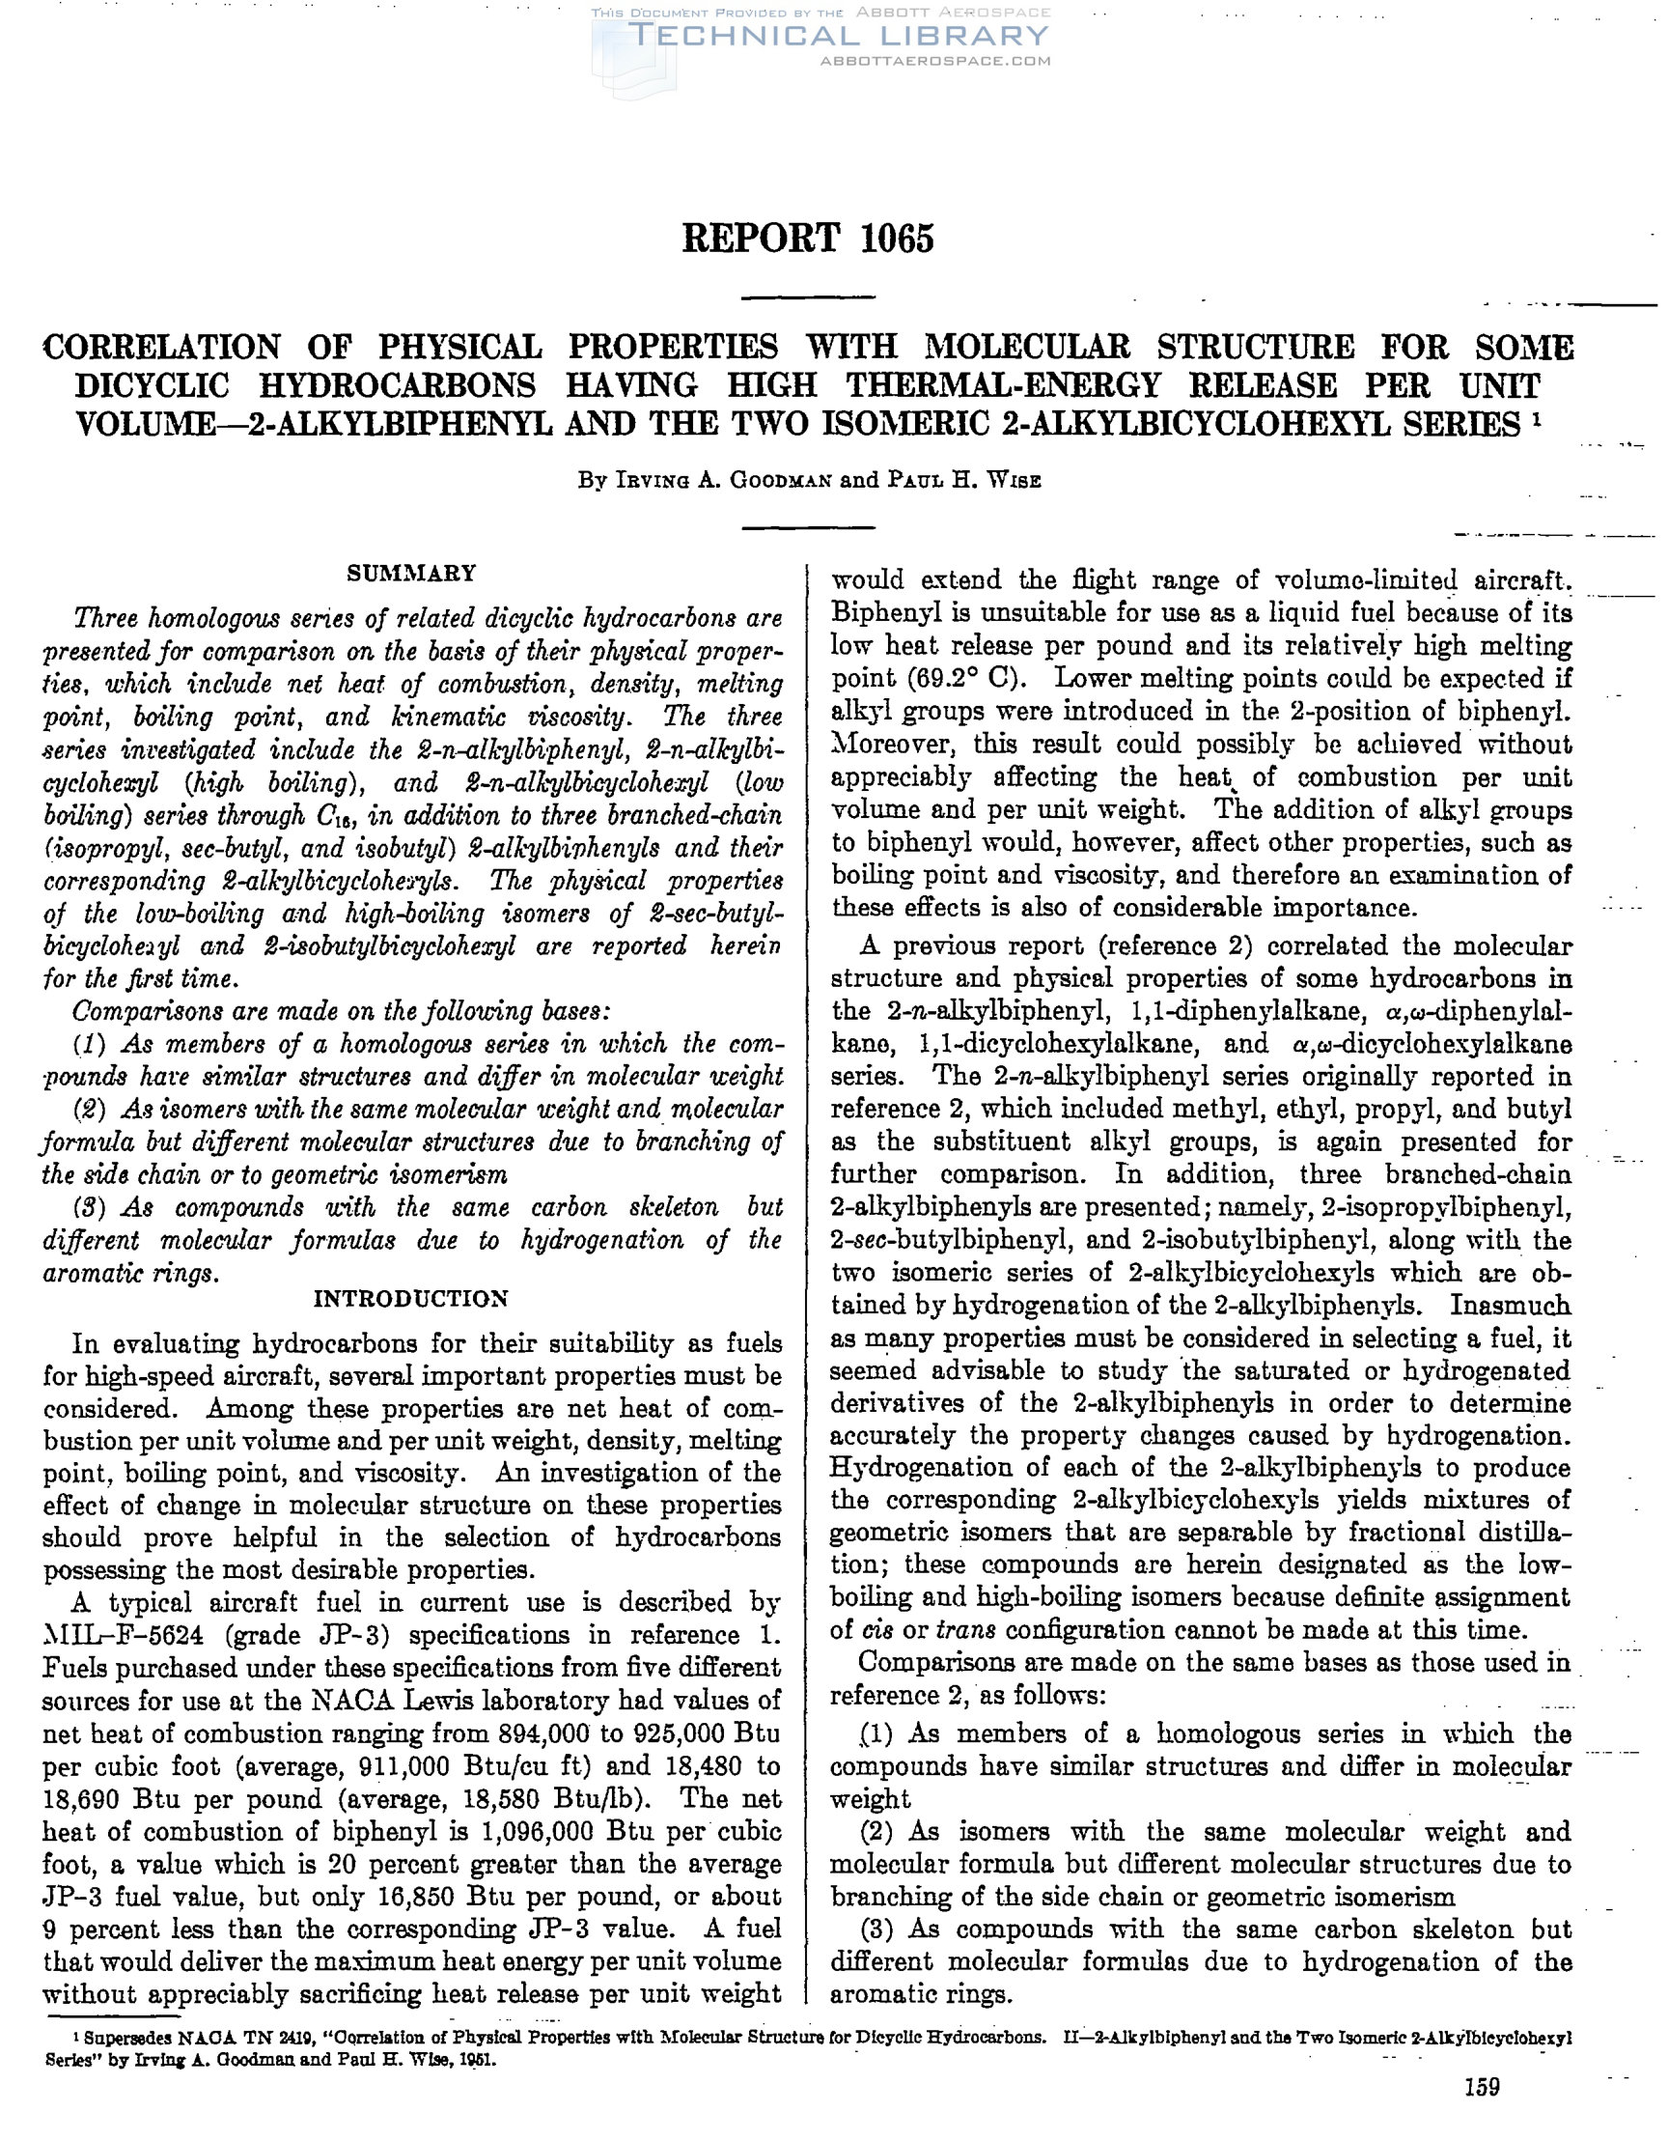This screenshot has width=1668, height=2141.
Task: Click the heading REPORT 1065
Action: point(808,239)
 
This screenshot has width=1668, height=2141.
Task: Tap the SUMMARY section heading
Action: point(411,573)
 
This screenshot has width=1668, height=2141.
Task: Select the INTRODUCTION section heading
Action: point(410,1299)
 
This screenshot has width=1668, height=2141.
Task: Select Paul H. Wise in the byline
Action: point(964,480)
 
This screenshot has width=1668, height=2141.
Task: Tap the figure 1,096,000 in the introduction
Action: point(551,1831)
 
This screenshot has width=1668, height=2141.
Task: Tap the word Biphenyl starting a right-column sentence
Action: point(877,613)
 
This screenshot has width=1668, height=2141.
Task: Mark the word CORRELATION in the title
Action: point(162,347)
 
